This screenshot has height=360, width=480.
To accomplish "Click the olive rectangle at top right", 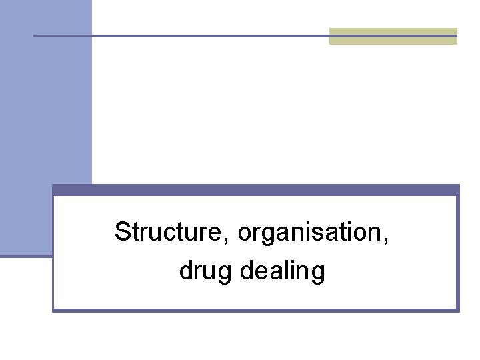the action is point(393,36).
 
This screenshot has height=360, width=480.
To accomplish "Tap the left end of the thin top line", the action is point(35,35).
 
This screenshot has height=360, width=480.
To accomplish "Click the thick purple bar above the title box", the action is point(255,190).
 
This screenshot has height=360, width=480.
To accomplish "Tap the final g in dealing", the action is point(318,273).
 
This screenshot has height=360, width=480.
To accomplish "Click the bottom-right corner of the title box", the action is point(458,310).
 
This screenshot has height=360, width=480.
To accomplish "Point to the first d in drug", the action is point(185,271).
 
